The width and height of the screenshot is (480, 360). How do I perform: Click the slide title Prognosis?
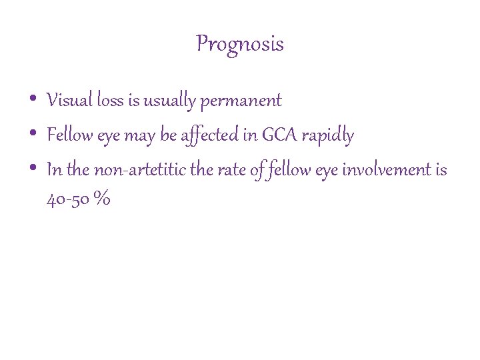coord(240,45)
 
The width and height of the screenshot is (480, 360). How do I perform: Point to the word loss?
coord(110,101)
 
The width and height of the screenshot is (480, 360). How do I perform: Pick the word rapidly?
coord(327,136)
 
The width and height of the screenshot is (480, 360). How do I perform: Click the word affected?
coord(209,136)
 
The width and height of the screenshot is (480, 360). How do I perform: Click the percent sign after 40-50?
coord(102,200)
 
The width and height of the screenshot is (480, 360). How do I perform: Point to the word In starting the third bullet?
coord(54,171)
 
